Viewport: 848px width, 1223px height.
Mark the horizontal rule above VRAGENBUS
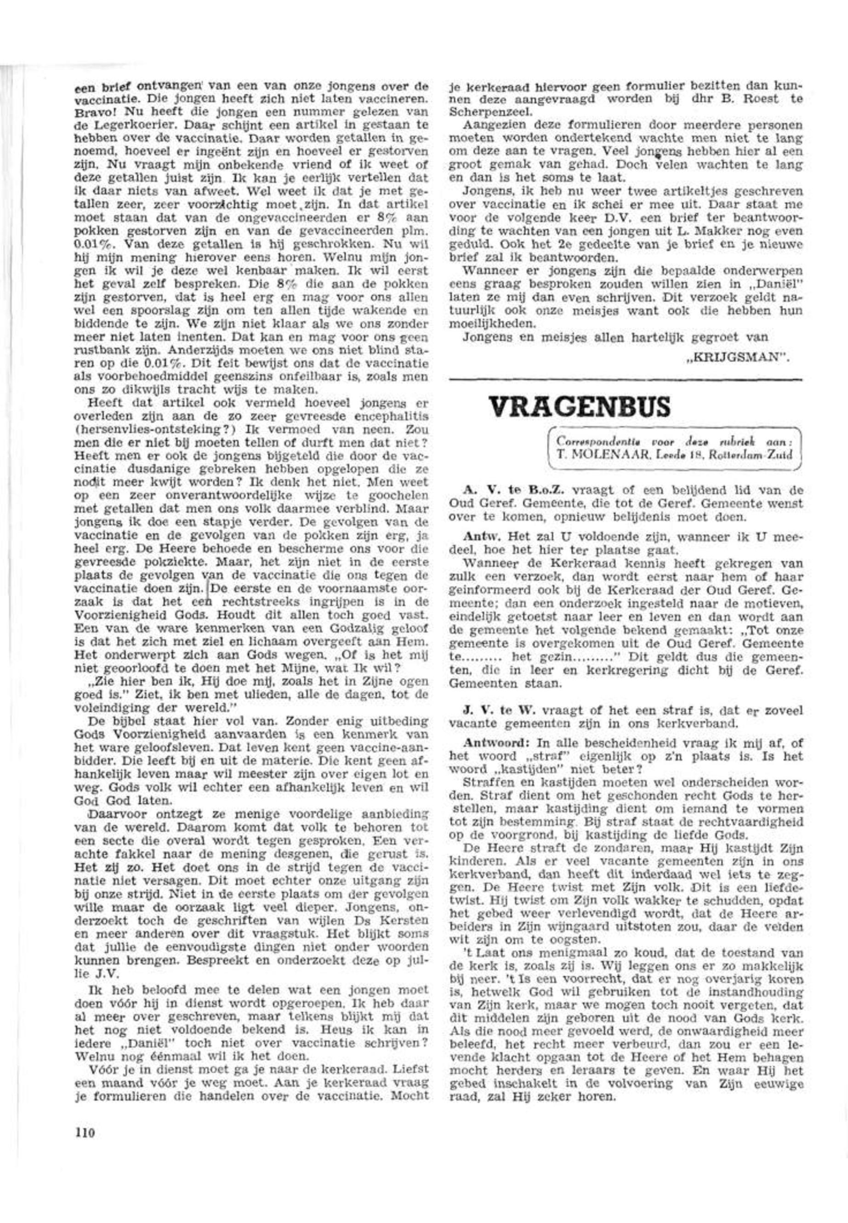pyautogui.click(x=626, y=379)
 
